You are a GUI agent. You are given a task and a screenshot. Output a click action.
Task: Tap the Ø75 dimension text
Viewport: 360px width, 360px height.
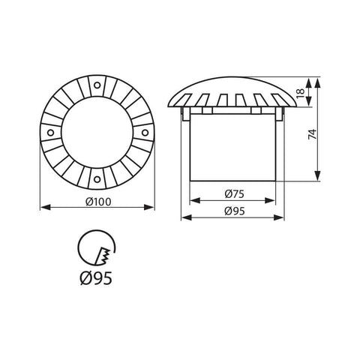[x=234, y=193]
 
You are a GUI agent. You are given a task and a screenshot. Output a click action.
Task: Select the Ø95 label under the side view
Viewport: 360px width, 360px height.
[x=234, y=211]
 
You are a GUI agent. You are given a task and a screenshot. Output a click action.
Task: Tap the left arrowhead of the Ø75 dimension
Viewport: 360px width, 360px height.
[x=192, y=201]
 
